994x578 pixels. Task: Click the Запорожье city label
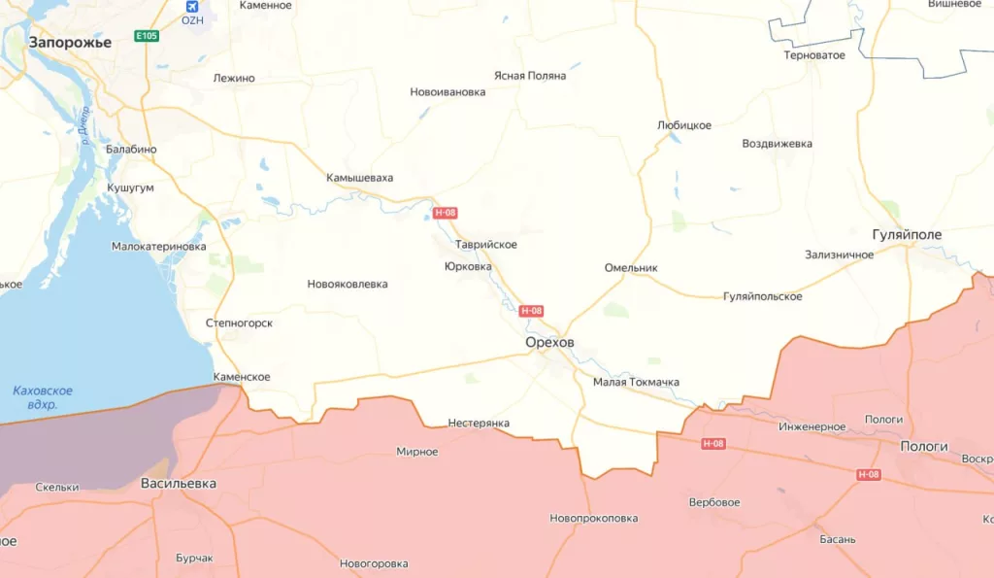(70, 42)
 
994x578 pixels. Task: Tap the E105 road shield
(147, 36)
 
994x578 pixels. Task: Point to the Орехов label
(549, 343)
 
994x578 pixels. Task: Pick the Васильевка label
(179, 483)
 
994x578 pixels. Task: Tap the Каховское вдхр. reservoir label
(43, 397)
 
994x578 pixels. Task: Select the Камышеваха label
(360, 178)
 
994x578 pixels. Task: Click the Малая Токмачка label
(636, 382)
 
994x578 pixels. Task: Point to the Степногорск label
(239, 323)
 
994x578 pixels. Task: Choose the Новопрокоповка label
(593, 518)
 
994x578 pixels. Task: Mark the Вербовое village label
(714, 502)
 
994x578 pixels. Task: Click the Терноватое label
(814, 55)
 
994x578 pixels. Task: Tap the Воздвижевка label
(778, 144)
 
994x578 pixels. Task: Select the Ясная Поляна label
(529, 76)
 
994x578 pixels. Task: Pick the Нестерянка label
(479, 423)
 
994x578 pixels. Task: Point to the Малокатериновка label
(159, 247)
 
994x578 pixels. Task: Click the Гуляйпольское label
(763, 296)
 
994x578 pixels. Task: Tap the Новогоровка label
(374, 563)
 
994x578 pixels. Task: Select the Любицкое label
(684, 125)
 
